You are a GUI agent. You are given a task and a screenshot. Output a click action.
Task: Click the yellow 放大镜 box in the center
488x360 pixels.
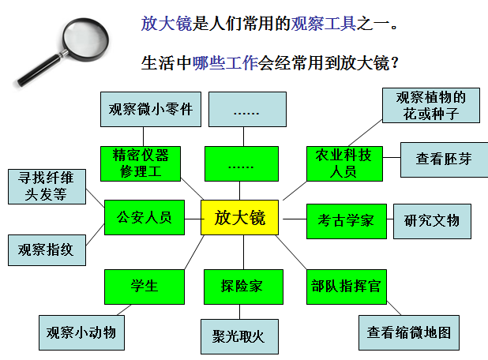point(239,217)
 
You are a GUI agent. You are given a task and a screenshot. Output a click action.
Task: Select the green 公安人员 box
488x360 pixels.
point(145,217)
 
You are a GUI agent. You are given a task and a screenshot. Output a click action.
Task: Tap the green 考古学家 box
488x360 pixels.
point(347,221)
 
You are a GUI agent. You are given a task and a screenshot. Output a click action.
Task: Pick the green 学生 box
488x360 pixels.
point(145,287)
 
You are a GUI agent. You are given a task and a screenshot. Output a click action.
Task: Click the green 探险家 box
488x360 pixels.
point(243,287)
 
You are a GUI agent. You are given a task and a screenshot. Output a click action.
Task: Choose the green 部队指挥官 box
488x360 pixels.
point(347,287)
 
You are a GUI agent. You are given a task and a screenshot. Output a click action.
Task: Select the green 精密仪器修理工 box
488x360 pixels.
point(141,163)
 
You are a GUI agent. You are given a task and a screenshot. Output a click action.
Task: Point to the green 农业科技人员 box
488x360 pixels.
point(344,163)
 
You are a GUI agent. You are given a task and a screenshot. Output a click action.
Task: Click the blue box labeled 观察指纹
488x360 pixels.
point(47,250)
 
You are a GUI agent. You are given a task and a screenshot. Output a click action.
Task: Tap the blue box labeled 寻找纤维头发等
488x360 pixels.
point(47,186)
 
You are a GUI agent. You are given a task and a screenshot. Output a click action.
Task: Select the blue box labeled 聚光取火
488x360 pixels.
point(239,336)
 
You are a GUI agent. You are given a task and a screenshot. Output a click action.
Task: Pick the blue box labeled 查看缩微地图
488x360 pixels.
point(409,332)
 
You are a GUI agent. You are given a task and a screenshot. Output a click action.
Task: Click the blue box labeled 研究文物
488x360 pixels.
point(432,221)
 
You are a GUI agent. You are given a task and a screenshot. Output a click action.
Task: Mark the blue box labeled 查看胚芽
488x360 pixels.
point(444,159)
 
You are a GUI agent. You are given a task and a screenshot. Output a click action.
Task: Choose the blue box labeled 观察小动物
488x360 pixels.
point(81,332)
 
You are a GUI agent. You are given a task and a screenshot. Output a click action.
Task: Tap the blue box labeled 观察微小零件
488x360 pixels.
point(151,109)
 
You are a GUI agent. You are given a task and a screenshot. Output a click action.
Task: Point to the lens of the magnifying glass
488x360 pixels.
point(85,39)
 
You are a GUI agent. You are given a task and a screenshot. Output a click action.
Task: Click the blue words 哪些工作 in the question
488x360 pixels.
point(225,63)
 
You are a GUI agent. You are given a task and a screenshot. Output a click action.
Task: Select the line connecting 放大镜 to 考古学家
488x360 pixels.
point(295,219)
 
